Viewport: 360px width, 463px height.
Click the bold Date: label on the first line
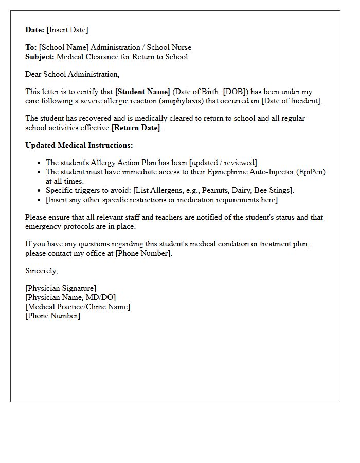(x=35, y=30)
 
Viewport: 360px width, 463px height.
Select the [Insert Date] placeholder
(x=67, y=30)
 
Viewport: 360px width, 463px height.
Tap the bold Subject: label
(x=40, y=57)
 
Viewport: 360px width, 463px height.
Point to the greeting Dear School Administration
(x=72, y=74)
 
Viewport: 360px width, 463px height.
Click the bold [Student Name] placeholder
(x=142, y=92)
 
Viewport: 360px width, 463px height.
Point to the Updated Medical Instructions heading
(x=79, y=145)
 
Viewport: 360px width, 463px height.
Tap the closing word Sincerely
(x=42, y=271)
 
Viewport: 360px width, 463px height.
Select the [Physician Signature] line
(x=61, y=288)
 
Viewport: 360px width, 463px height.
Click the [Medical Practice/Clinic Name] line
(x=78, y=307)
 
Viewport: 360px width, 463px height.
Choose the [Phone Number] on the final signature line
(x=52, y=316)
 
